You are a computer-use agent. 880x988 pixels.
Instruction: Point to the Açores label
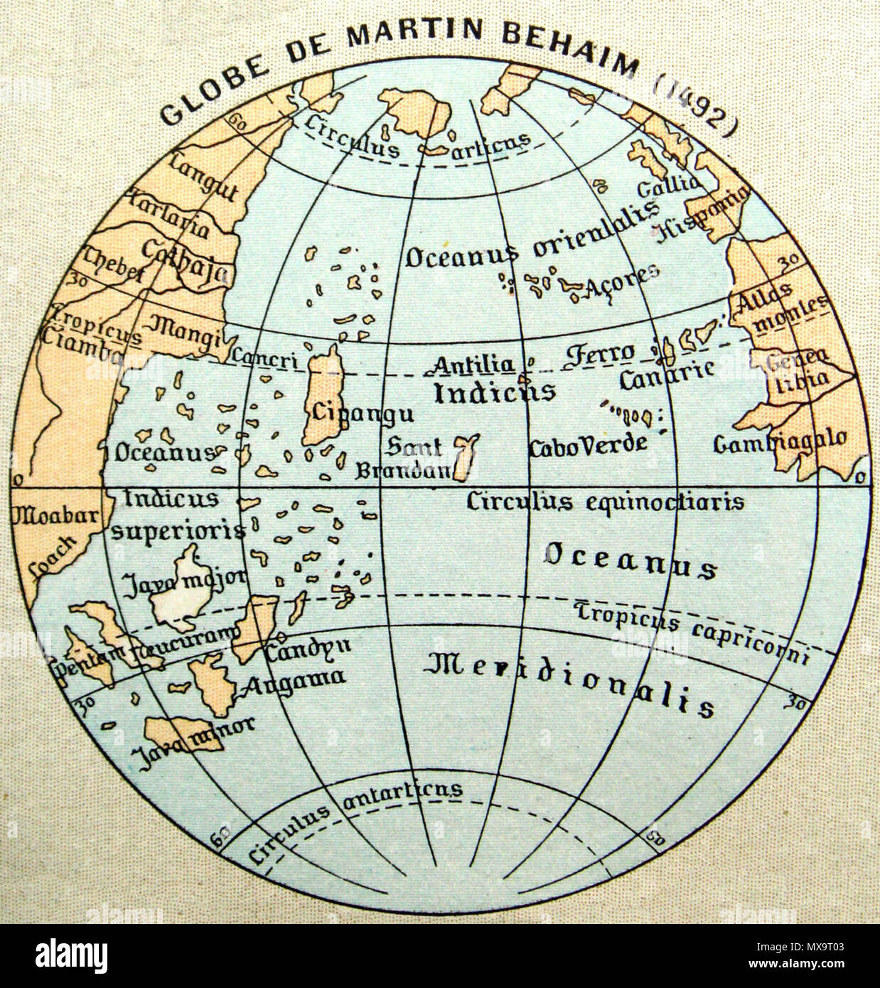point(621,281)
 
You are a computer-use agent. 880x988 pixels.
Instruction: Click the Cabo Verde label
point(588,445)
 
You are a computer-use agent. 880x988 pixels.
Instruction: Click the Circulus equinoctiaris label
point(605,501)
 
